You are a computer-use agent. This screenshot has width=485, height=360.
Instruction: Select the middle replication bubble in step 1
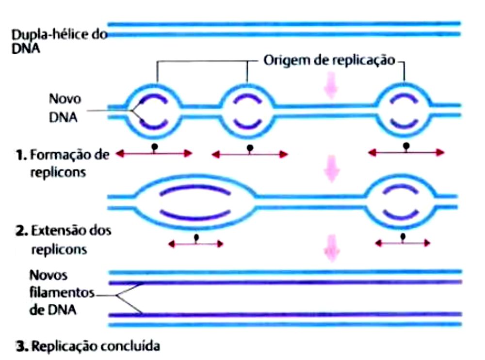(x=247, y=110)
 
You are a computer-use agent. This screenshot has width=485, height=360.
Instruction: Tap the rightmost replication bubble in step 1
(x=404, y=110)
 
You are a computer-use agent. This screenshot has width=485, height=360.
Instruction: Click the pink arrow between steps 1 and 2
(x=331, y=168)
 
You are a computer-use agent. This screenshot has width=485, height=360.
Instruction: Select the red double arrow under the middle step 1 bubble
(x=250, y=154)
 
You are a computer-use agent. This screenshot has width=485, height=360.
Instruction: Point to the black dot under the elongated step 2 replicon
(x=196, y=237)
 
